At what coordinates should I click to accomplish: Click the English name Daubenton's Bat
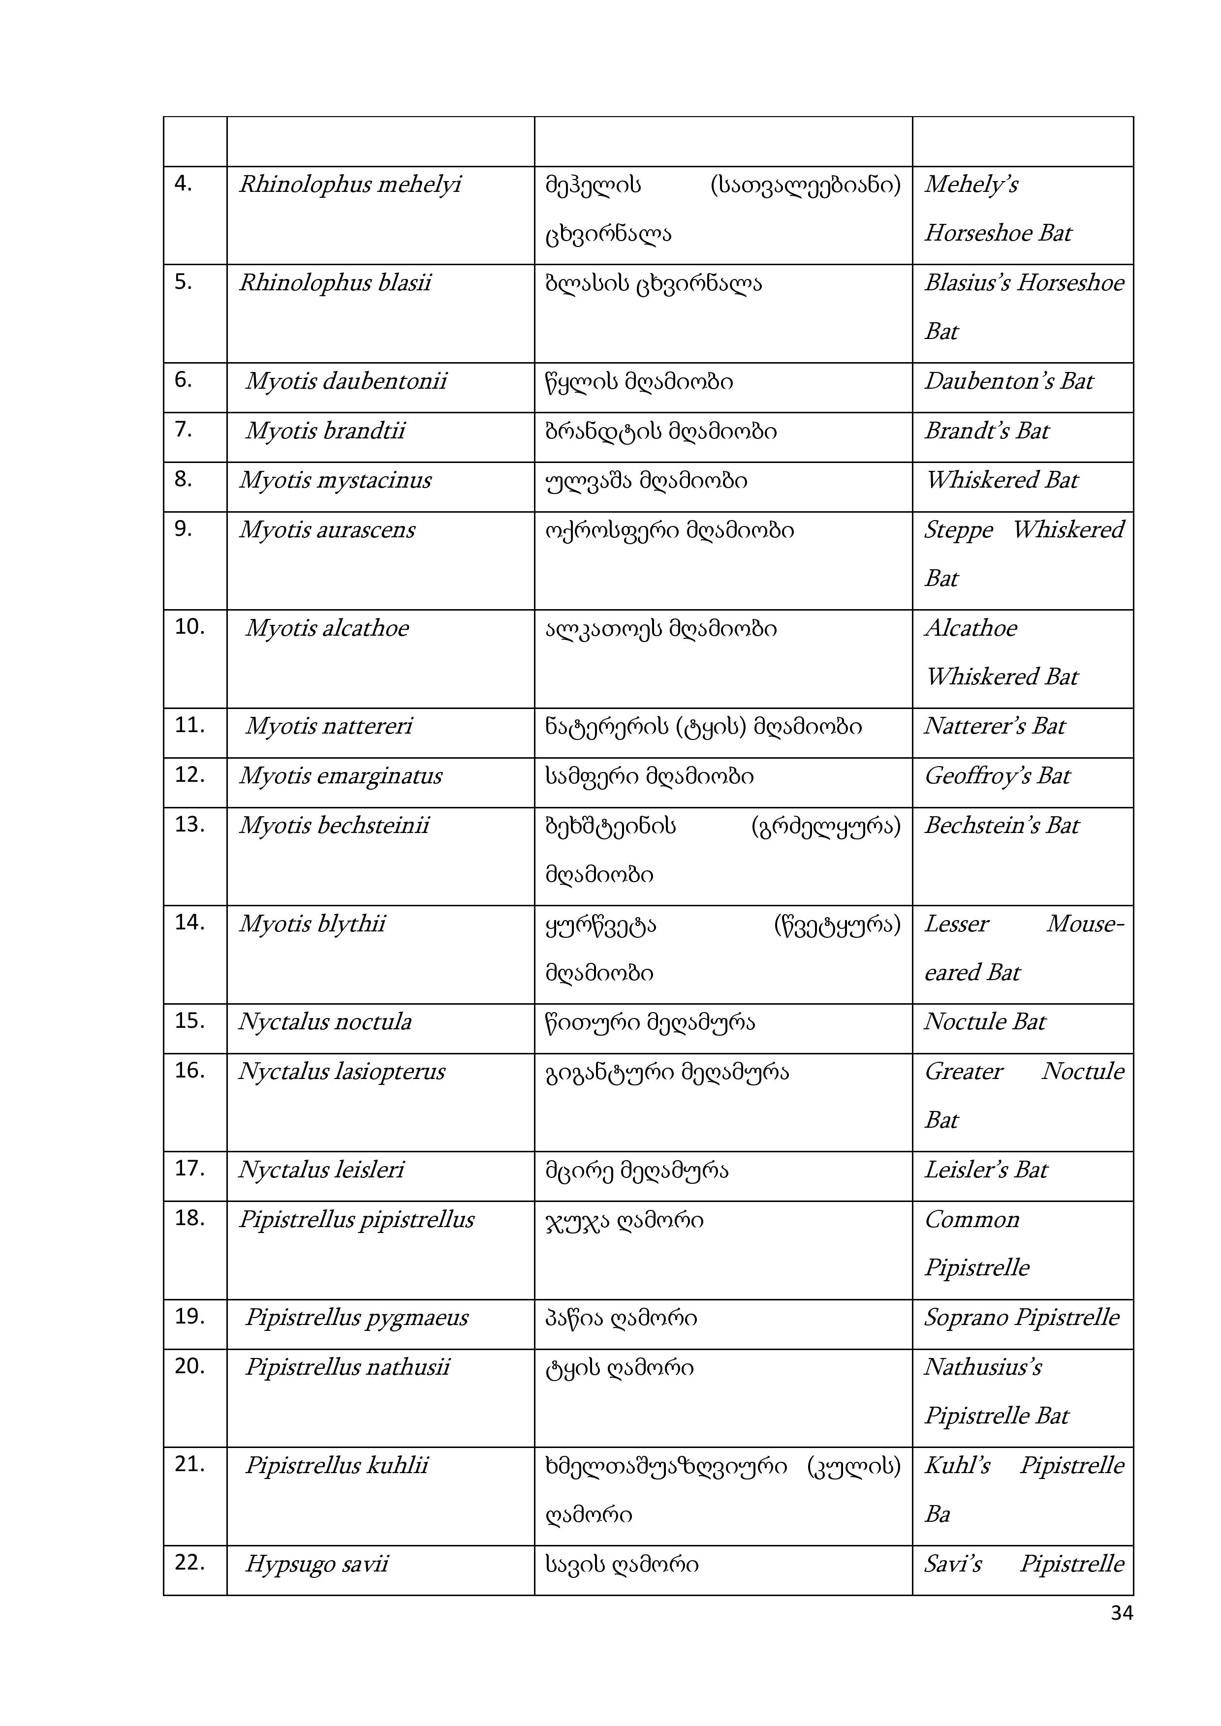(1008, 381)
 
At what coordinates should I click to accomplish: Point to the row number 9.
(184, 529)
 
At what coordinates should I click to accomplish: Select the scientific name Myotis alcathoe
(327, 628)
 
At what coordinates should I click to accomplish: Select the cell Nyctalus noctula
(325, 1021)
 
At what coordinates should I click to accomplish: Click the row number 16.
(189, 1071)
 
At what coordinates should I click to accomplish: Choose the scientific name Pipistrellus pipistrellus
(356, 1219)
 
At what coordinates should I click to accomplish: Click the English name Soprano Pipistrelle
(1021, 1317)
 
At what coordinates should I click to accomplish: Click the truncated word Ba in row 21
(937, 1513)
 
